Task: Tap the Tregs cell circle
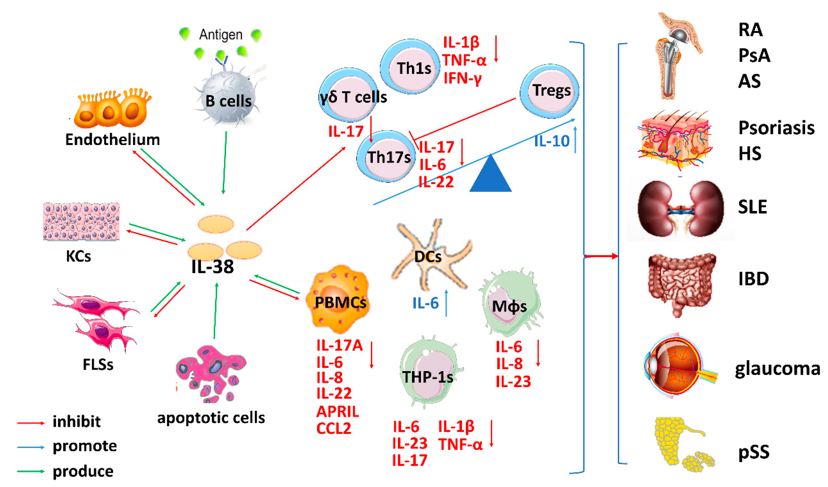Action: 549,91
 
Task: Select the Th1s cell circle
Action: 410,67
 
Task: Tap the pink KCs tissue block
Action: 81,221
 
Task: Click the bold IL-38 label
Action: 213,267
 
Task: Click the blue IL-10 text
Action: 551,141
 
